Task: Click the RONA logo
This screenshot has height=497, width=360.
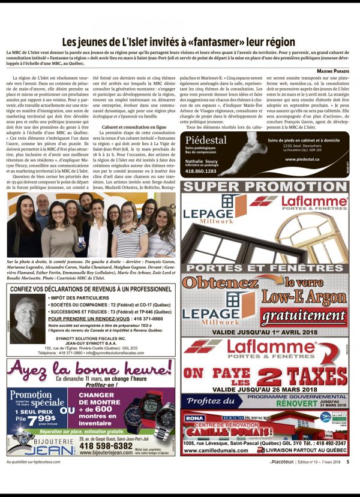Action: [195, 417]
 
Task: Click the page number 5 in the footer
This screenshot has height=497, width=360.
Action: [348, 461]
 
